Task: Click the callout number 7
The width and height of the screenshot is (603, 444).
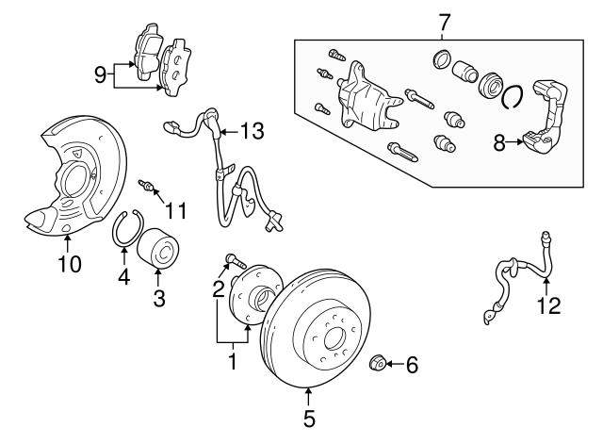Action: point(446,21)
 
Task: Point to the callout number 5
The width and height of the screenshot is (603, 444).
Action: point(309,416)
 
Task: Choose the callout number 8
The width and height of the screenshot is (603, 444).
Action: point(498,143)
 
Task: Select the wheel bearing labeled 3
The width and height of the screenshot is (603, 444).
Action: point(157,251)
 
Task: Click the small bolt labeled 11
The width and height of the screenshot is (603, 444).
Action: point(146,185)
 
